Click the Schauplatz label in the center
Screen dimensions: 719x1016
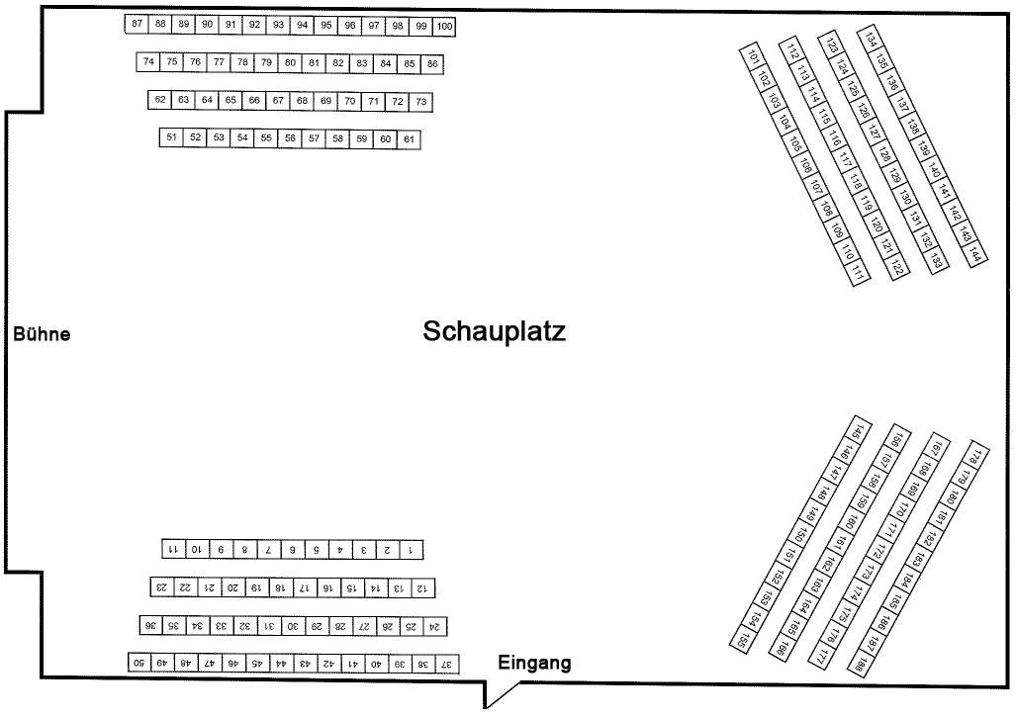[494, 331]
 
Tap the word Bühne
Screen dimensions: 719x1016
[42, 334]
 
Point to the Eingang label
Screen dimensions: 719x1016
[534, 663]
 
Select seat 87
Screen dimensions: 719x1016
[137, 24]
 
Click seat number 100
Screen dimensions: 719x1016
[444, 26]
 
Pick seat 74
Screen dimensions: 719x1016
[148, 62]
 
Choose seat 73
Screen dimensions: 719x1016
[421, 101]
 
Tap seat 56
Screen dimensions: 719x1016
[290, 138]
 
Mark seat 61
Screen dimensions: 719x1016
[409, 139]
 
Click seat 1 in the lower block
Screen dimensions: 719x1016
[411, 549]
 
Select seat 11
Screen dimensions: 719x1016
[171, 548]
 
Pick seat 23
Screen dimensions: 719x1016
[160, 587]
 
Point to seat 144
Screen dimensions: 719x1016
[975, 254]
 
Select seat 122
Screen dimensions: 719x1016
[896, 266]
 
